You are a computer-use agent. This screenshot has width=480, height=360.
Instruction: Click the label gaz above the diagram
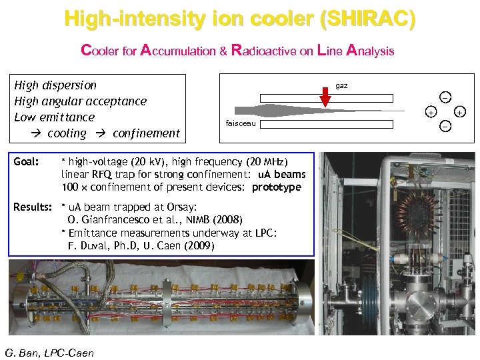click(x=341, y=86)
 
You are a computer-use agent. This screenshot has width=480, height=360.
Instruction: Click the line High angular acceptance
click(x=81, y=101)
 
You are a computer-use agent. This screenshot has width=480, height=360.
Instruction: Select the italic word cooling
click(x=67, y=133)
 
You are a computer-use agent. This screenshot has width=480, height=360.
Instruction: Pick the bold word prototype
click(x=277, y=187)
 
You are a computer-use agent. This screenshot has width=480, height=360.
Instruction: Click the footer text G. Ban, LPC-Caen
click(x=49, y=353)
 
